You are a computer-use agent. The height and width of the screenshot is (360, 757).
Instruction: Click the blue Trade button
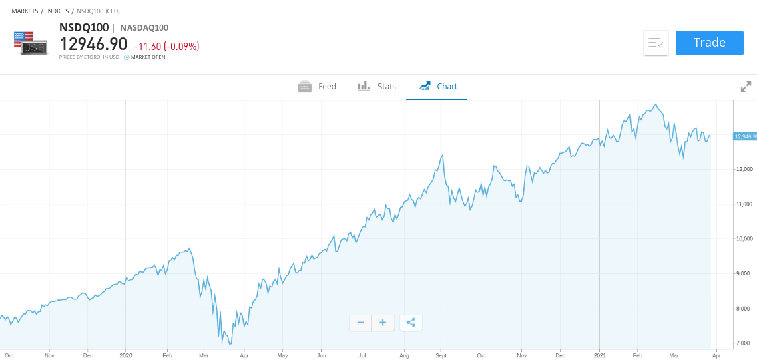point(709,43)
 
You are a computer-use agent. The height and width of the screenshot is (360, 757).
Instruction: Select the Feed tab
point(317,87)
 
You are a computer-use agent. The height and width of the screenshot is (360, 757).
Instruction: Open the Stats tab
point(377,87)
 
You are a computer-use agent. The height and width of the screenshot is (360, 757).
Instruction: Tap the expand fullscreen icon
point(746,87)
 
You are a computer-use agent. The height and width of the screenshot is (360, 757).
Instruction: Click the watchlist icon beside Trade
point(656,43)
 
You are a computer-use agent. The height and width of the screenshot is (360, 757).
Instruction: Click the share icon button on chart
point(411,323)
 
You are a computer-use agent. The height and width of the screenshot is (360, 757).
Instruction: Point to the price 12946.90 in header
point(93,45)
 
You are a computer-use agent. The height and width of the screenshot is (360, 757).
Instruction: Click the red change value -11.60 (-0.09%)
point(166,47)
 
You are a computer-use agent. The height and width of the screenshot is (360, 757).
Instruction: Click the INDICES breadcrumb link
point(57,11)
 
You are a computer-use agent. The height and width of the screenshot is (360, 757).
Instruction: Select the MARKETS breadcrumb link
point(25,11)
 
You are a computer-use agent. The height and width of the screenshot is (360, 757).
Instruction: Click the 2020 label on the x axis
point(126,356)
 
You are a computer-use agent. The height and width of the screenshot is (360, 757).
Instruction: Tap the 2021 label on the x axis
point(599,356)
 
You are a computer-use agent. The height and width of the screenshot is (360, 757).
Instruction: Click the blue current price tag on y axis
point(745,136)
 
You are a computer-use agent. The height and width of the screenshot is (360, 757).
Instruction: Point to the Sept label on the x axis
point(440,356)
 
